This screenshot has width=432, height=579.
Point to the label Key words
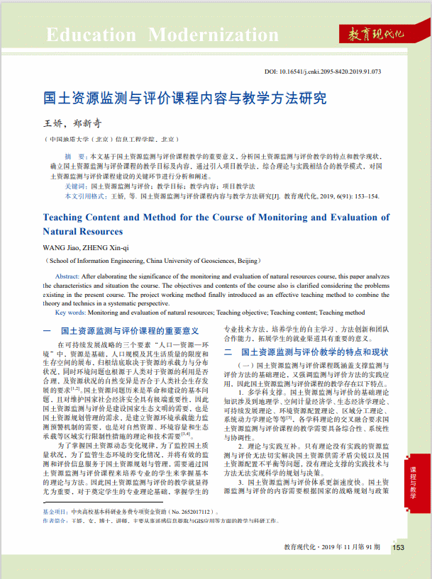[x=70, y=312]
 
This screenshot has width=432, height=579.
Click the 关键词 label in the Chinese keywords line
[x=77, y=184]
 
